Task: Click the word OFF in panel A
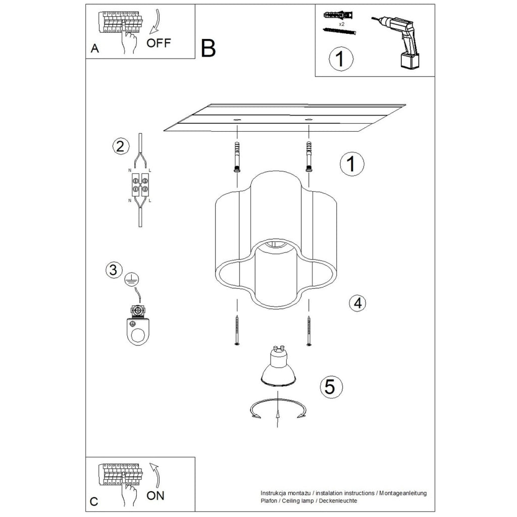[x=159, y=43]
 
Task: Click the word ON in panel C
[x=156, y=495]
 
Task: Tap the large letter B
[x=208, y=48]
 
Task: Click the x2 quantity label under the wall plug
[x=342, y=24]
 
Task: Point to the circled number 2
[x=120, y=146]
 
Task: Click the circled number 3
[x=114, y=270]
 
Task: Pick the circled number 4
[x=358, y=303]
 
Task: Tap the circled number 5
[x=331, y=386]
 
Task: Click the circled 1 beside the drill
[x=341, y=59]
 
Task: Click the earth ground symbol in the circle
[x=132, y=280]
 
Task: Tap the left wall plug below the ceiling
[x=237, y=157]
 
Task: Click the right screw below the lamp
[x=309, y=330]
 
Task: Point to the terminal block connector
[x=140, y=185]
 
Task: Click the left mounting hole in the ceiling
[x=237, y=119]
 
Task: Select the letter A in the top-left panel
[x=94, y=48]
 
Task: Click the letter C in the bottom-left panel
[x=94, y=501]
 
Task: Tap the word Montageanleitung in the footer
[x=402, y=493]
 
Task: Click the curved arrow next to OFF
[x=157, y=21]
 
